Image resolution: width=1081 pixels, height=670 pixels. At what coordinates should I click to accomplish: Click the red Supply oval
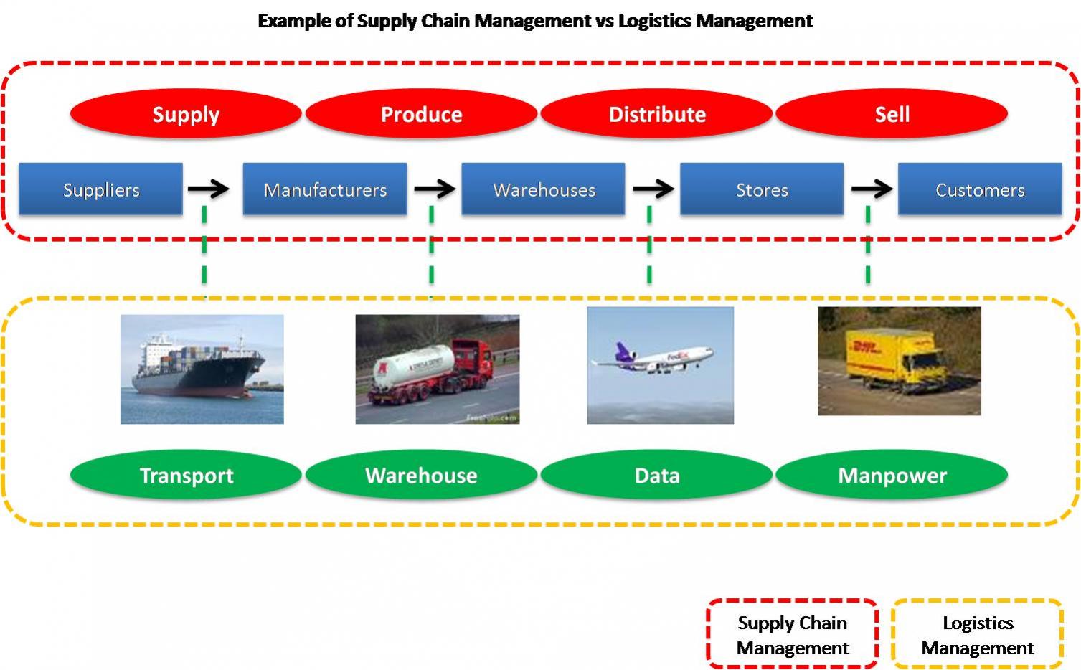pos(186,114)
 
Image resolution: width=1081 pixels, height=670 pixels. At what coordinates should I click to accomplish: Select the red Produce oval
pos(421,114)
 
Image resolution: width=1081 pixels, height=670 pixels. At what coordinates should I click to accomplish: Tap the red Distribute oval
pos(656,114)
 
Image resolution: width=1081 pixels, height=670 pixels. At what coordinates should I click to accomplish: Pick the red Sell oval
pos(892,114)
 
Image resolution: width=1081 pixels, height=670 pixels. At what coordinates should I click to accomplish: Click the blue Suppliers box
pos(100,189)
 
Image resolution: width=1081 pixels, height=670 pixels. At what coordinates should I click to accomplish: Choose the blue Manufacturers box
pos(325,189)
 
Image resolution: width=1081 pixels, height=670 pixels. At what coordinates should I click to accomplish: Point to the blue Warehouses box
pos(543,189)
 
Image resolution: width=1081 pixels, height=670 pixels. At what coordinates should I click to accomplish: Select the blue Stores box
pos(762,189)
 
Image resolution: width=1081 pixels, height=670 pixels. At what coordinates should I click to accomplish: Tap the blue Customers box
pos(980,189)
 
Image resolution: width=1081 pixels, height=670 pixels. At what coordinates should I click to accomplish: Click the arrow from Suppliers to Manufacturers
pos(208,189)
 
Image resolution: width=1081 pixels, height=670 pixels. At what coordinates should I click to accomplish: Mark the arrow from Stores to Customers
pos(872,189)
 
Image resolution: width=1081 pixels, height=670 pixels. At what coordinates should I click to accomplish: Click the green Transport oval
pos(186,475)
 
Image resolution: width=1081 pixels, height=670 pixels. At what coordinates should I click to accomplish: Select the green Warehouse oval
pos(421,475)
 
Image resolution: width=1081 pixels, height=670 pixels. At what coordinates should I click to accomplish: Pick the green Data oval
pos(656,475)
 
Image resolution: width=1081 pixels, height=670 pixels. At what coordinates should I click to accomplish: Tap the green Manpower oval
pos(892,475)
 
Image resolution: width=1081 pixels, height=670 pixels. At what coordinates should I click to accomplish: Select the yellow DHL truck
pos(894,359)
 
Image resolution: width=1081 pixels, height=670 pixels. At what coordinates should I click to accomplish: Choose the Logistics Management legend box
pos(977,634)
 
